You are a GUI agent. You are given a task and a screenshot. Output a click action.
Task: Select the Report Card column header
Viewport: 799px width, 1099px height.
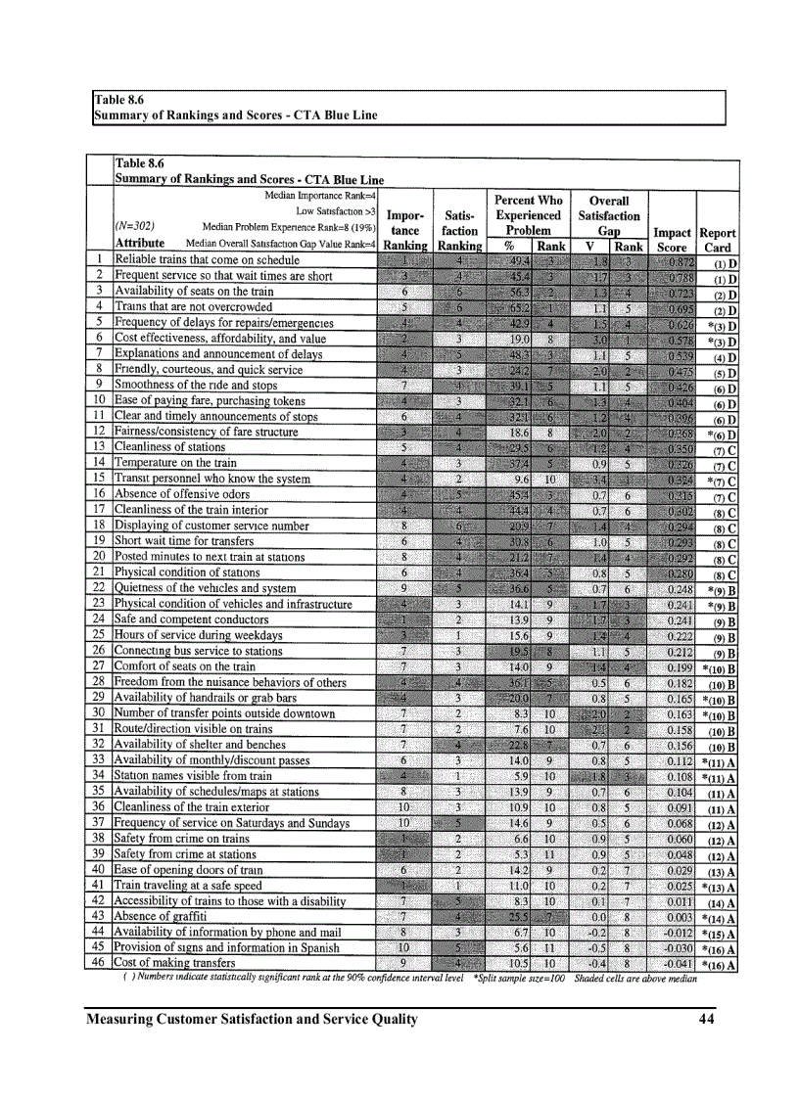pos(718,240)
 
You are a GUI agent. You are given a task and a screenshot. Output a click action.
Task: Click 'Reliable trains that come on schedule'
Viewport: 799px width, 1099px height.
pos(208,260)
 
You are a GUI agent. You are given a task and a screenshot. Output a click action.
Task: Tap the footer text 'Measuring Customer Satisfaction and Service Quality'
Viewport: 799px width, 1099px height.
pos(252,1019)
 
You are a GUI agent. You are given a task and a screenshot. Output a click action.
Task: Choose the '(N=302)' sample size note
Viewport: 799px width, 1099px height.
pos(136,224)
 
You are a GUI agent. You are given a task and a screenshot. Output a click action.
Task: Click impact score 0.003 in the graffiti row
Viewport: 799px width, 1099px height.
pos(673,915)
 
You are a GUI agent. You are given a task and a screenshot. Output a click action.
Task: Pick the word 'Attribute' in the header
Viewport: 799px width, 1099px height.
pos(139,243)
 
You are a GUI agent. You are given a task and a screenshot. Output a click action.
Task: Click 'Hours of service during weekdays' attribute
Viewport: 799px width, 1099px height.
pos(199,635)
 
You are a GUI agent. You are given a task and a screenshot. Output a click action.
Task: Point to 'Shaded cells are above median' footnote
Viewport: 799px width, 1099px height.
pos(646,977)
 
